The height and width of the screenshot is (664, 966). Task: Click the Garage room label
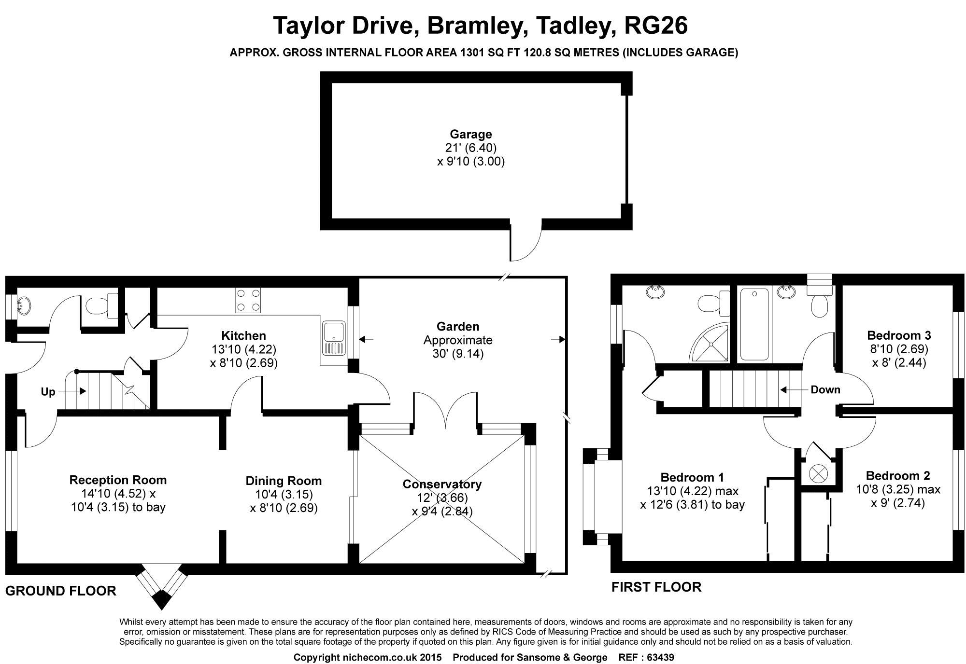pyautogui.click(x=471, y=134)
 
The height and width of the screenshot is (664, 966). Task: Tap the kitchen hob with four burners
pyautogui.click(x=248, y=300)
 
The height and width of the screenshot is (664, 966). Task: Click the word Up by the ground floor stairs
pyautogui.click(x=48, y=392)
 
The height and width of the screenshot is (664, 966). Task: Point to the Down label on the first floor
pyautogui.click(x=825, y=390)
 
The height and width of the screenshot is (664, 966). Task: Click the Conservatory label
pyautogui.click(x=442, y=484)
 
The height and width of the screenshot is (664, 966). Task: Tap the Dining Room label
pyautogui.click(x=284, y=481)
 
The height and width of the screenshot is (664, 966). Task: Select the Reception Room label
pyautogui.click(x=118, y=480)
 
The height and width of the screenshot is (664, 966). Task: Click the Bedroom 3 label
pyautogui.click(x=899, y=335)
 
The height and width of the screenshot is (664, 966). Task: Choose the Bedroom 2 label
pyautogui.click(x=898, y=476)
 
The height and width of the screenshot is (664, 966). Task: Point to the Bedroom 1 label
pyautogui.click(x=692, y=478)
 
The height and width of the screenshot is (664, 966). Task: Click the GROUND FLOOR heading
pyautogui.click(x=61, y=591)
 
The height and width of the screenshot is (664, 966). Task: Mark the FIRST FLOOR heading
pyautogui.click(x=656, y=587)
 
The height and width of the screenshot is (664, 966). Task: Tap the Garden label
pyautogui.click(x=457, y=327)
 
